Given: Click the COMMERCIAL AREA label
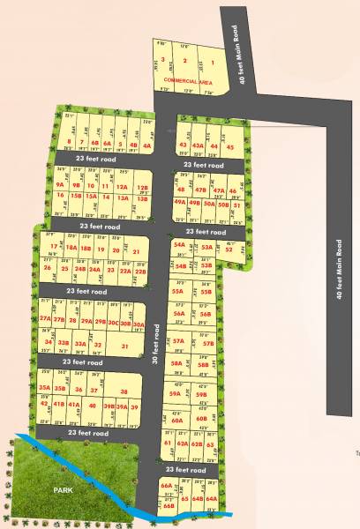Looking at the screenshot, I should pyautogui.click(x=187, y=80).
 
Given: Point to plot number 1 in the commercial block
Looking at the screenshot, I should pyautogui.click(x=213, y=63).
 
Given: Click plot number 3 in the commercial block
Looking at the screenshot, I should pyautogui.click(x=162, y=61).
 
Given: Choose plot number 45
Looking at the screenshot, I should pyautogui.click(x=229, y=146).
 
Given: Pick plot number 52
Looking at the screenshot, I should pyautogui.click(x=229, y=250).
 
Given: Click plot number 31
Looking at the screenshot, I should pyautogui.click(x=124, y=346).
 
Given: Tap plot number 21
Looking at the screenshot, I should pyautogui.click(x=136, y=251).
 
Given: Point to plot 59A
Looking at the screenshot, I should pyautogui.click(x=176, y=394).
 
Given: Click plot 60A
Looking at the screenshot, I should pyautogui.click(x=176, y=421).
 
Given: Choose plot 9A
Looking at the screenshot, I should pyautogui.click(x=61, y=185).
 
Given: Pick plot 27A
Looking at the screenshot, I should pyautogui.click(x=45, y=320).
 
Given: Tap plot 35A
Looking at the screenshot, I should pyautogui.click(x=44, y=388).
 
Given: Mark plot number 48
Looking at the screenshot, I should pyautogui.click(x=181, y=190).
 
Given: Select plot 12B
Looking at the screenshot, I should pyautogui.click(x=142, y=187).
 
